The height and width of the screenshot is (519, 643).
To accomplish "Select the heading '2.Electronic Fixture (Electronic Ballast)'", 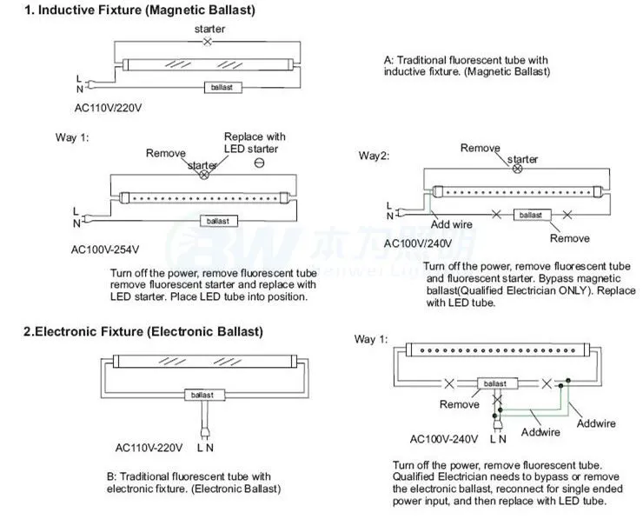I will coord(143,331).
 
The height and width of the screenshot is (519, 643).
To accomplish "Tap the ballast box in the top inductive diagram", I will coord(222,87).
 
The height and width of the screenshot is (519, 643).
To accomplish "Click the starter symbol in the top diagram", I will coord(207,42).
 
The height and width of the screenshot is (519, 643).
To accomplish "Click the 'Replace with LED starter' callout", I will coord(255,143).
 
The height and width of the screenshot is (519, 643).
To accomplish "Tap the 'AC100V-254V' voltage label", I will coord(105,250).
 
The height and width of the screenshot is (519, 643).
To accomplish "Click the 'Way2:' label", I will coord(375,156).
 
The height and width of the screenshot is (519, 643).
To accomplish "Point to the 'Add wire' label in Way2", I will coord(453,223).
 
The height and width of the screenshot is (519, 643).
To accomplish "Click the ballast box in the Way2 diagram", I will coord(529,214).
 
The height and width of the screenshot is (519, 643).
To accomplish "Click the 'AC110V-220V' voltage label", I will coord(149,448).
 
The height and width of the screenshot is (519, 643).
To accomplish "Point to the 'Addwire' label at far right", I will coord(597,423).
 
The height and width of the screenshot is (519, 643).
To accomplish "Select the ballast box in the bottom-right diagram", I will coord(494,383).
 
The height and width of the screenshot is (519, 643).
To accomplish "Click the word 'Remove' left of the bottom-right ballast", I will coord(459,404).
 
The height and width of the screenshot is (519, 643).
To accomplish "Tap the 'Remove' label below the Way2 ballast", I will coord(570,238).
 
